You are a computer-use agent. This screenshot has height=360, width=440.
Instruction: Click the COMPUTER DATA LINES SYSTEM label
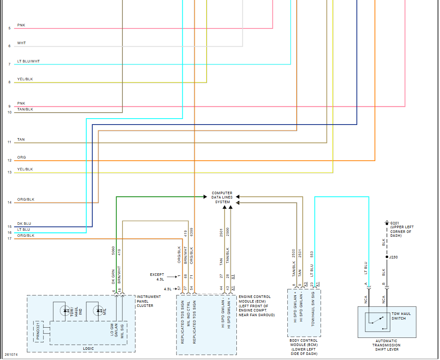[222, 198]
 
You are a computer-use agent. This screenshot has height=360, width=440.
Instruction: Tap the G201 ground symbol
[386, 223]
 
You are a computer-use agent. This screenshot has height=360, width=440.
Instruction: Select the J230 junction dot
[386, 257]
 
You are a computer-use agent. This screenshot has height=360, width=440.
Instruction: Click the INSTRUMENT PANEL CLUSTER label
[149, 301]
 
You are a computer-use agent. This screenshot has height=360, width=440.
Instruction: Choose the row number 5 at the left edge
[9, 28]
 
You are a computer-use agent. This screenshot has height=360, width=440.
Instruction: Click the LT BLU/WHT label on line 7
[28, 61]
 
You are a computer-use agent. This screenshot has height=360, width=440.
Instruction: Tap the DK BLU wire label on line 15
[24, 224]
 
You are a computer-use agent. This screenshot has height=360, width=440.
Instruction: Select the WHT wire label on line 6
[21, 43]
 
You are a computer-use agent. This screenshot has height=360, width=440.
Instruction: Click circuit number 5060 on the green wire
[113, 251]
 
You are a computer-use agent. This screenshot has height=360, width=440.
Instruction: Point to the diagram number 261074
[11, 354]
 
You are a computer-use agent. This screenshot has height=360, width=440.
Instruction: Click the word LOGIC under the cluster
[88, 349]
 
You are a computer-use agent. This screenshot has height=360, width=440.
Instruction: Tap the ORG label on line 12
[21, 157]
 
